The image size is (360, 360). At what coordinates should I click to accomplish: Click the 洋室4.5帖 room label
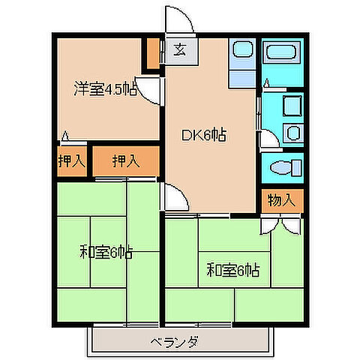click(103, 88)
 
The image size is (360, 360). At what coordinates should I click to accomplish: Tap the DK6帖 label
click(204, 136)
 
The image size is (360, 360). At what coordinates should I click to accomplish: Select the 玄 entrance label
click(180, 51)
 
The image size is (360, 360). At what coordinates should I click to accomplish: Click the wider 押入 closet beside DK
click(125, 160)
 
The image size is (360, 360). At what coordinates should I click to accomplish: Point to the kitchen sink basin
click(241, 51)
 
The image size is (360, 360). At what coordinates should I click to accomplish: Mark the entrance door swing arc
click(181, 18)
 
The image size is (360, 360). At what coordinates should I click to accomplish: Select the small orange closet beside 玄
click(154, 54)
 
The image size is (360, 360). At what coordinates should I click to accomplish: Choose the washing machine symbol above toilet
click(293, 133)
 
